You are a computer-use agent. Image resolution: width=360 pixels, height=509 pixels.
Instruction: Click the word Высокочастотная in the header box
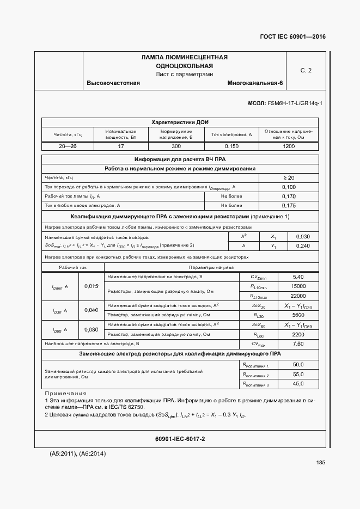coord(113,83)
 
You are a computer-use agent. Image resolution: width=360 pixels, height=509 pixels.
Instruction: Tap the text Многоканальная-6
coord(255,83)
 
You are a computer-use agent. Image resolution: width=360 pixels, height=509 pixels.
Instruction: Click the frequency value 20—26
coord(67,146)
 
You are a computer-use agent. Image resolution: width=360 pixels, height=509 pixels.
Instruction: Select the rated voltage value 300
coord(176,146)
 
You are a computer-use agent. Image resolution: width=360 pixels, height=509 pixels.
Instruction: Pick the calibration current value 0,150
coord(231,146)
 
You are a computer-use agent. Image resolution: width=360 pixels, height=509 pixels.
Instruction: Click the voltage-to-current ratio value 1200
coord(288,146)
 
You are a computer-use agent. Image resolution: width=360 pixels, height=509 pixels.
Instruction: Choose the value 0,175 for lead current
coord(289,206)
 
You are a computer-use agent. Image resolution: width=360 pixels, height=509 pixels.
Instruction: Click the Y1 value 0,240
coord(302,246)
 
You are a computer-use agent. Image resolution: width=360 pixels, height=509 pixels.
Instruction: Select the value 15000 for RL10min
coord(298,286)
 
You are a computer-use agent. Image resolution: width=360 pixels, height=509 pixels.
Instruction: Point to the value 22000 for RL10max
coord(298,296)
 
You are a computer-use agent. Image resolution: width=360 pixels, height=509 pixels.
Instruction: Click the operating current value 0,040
coord(91,310)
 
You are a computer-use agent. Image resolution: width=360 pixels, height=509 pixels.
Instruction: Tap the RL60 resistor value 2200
coord(298,334)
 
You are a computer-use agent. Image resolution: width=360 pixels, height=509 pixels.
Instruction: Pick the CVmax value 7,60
coord(298,344)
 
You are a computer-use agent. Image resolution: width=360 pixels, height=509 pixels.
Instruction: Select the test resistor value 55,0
coord(298,375)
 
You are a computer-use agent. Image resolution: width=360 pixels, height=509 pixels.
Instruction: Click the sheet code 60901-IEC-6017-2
coord(180,438)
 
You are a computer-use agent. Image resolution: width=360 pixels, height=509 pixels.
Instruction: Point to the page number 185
coord(320,463)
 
